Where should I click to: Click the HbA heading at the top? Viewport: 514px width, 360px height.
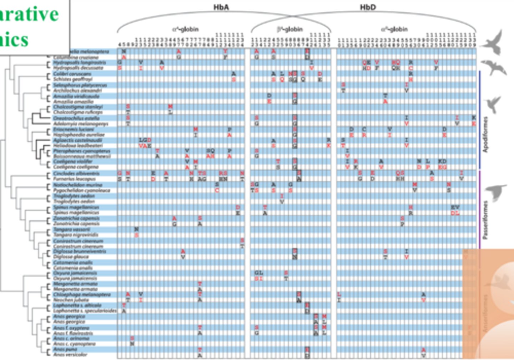click(x=221, y=7)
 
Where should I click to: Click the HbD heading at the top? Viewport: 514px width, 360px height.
click(x=368, y=7)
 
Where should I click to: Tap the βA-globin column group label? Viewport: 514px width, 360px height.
click(x=290, y=29)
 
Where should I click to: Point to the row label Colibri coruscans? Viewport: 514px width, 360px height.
click(x=72, y=74)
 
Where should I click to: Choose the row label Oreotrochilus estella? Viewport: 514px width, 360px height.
click(x=76, y=118)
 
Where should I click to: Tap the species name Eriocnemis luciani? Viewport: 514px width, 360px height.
click(x=74, y=129)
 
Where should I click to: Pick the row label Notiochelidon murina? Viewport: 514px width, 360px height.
click(x=77, y=185)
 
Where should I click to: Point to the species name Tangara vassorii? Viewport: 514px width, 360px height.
click(x=71, y=229)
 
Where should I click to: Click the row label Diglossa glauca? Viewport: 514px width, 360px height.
click(x=71, y=257)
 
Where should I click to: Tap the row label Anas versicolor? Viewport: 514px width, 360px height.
click(x=70, y=355)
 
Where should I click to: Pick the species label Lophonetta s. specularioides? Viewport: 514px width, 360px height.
click(x=85, y=311)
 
